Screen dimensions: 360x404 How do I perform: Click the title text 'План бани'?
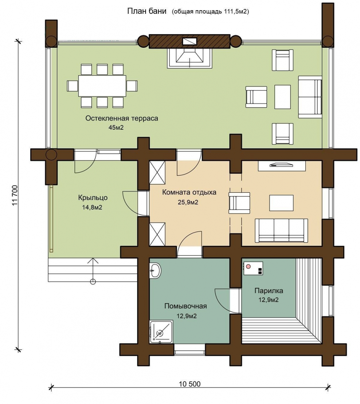(x=146, y=11)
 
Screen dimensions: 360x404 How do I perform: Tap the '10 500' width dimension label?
(x=190, y=384)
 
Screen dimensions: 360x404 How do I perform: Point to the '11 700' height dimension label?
(x=15, y=195)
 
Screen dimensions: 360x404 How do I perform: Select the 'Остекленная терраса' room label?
(x=122, y=118)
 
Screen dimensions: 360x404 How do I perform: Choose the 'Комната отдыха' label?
(x=189, y=192)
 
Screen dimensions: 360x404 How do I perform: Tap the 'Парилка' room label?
(x=269, y=291)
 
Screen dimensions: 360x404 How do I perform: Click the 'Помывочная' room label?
(x=185, y=306)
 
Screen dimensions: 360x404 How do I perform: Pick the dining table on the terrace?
(x=102, y=86)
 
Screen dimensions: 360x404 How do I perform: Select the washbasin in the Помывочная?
(x=155, y=270)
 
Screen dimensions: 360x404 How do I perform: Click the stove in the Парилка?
(x=253, y=269)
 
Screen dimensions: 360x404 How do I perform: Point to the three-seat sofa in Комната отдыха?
(x=281, y=231)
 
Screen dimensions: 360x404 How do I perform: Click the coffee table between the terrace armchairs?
(x=282, y=97)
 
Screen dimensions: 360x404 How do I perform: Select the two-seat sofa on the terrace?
(x=310, y=97)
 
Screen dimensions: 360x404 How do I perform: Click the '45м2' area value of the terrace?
(x=116, y=128)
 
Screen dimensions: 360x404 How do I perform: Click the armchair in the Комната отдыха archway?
(x=239, y=203)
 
